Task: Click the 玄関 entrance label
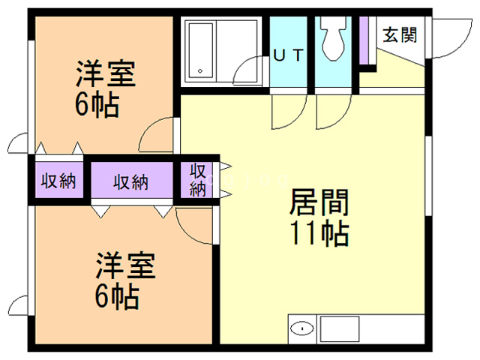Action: (400, 35)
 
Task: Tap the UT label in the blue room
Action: (288, 55)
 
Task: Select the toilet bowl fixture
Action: (333, 38)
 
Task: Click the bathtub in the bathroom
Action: (201, 50)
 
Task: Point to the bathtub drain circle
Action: (200, 71)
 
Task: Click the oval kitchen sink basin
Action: (302, 329)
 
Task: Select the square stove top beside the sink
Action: (340, 329)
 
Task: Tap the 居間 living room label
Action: (319, 202)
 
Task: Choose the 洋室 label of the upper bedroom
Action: (106, 73)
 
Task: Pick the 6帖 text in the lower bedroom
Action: (117, 297)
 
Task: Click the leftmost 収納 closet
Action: (58, 180)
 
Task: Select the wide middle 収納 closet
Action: (132, 180)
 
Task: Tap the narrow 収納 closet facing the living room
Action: (196, 180)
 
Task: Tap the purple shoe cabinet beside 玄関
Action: (364, 40)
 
